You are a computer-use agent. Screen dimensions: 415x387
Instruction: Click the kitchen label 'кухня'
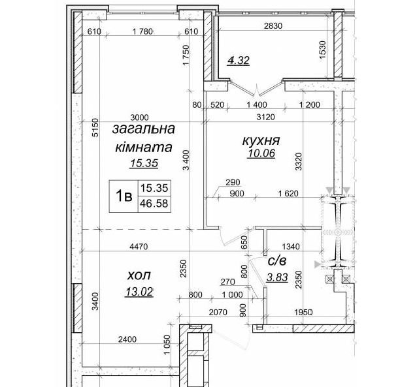(x=261, y=140)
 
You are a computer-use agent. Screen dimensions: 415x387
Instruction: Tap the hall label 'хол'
(x=139, y=275)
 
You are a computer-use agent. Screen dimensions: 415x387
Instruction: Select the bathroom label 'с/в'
(x=277, y=261)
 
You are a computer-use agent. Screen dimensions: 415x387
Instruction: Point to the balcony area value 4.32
(x=239, y=61)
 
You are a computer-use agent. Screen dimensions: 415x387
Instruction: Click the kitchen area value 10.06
(x=261, y=153)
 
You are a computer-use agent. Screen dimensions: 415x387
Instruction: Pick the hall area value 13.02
(x=139, y=292)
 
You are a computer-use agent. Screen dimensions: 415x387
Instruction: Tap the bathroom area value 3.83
(x=277, y=277)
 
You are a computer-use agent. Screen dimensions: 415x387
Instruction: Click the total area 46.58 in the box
(x=154, y=204)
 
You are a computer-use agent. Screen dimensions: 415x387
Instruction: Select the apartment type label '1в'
(x=124, y=196)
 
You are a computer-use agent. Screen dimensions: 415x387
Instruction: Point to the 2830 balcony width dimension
(x=273, y=26)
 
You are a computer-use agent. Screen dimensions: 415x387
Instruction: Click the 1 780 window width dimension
(x=142, y=32)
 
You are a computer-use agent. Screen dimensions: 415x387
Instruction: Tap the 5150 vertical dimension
(x=95, y=127)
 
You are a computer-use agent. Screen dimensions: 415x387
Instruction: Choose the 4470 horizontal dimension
(x=139, y=247)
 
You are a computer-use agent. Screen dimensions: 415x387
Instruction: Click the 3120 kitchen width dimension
(x=266, y=117)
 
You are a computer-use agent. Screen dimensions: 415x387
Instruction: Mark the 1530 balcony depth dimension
(x=323, y=50)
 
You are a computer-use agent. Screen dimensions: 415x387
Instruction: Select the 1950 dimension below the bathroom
(x=304, y=313)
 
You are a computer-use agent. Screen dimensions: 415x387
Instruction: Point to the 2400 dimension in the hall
(x=127, y=339)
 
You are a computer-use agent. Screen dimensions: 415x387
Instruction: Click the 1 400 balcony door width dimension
(x=257, y=105)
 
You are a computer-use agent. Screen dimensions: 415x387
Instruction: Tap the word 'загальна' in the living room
(x=144, y=129)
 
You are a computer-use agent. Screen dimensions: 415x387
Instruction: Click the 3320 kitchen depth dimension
(x=299, y=161)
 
